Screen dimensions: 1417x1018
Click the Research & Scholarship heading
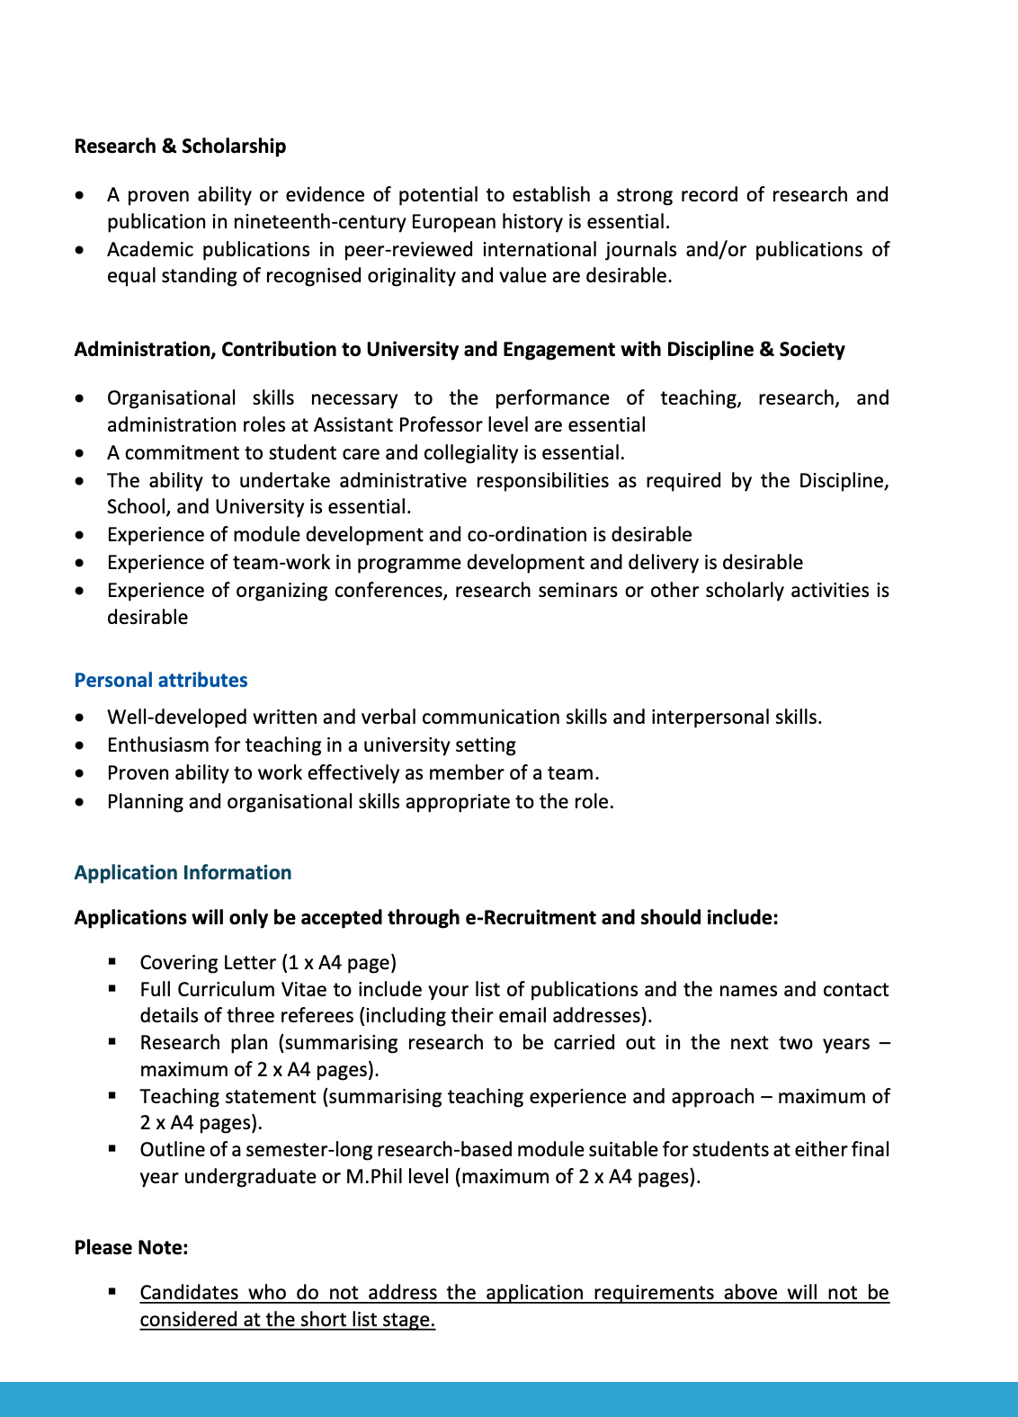[180, 147]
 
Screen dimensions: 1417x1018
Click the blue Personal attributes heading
[161, 681]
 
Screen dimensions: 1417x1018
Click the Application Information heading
[183, 873]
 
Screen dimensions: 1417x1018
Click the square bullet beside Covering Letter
[112, 961]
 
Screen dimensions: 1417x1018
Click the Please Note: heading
[131, 1248]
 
